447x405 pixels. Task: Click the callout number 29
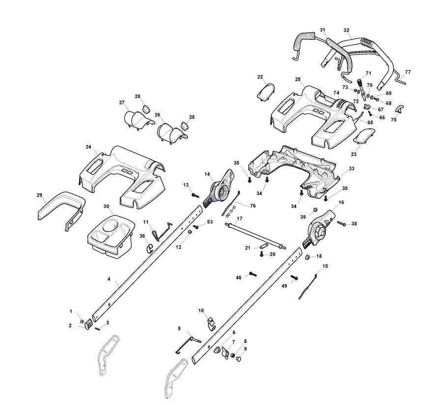(x=39, y=196)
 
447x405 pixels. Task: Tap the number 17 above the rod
(x=239, y=218)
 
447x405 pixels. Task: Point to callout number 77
(x=408, y=72)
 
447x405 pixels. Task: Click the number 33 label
(x=351, y=169)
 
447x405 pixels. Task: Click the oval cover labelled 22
(x=265, y=90)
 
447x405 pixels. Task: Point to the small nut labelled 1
(x=82, y=321)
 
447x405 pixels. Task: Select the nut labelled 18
(x=307, y=257)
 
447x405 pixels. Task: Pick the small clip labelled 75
(x=399, y=109)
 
